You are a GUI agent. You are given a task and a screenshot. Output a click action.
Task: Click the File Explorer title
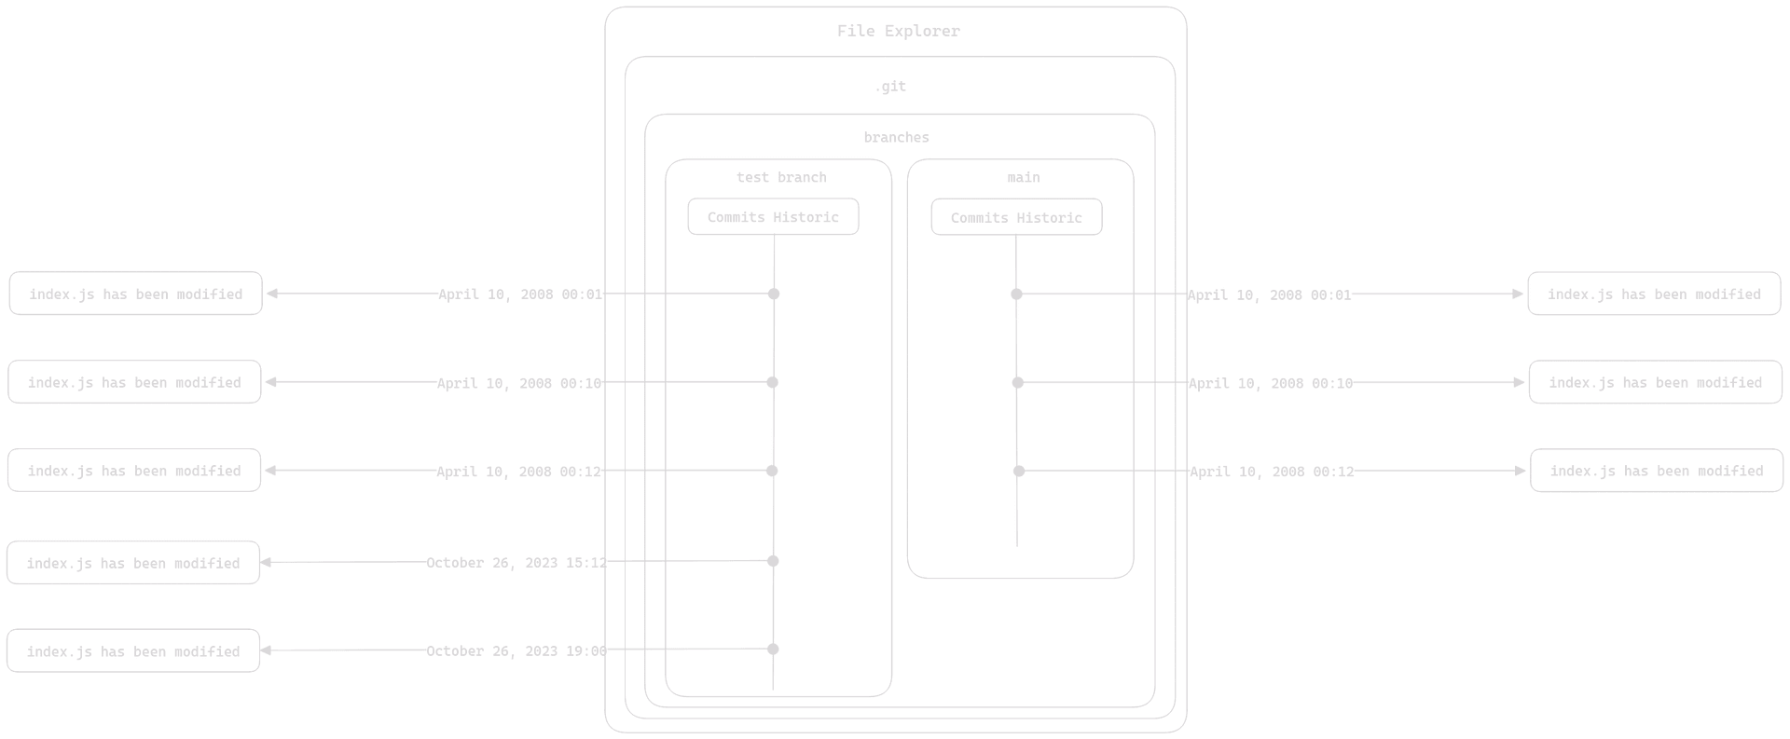(x=898, y=31)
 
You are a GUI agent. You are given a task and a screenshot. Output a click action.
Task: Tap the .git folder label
(x=890, y=87)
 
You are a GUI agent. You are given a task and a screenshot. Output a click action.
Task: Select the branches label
(x=896, y=138)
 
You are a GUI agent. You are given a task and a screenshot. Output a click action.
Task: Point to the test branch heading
(x=781, y=177)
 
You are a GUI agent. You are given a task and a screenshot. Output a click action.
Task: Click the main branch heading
(x=1023, y=177)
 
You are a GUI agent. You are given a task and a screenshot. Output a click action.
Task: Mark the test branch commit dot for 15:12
(x=773, y=561)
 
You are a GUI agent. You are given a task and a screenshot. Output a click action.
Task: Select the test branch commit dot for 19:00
(x=773, y=649)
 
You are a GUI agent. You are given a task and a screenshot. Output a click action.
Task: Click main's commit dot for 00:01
(x=1016, y=294)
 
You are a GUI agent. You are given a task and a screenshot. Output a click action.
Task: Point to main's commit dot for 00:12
(x=1019, y=471)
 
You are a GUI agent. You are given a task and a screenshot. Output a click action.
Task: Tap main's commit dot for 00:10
(x=1017, y=382)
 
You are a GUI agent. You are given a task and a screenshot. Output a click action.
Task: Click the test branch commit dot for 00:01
(x=773, y=294)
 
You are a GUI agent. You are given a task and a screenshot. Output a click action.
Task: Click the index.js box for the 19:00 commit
(x=133, y=650)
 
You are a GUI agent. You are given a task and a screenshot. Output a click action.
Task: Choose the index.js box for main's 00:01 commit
(x=1654, y=294)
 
